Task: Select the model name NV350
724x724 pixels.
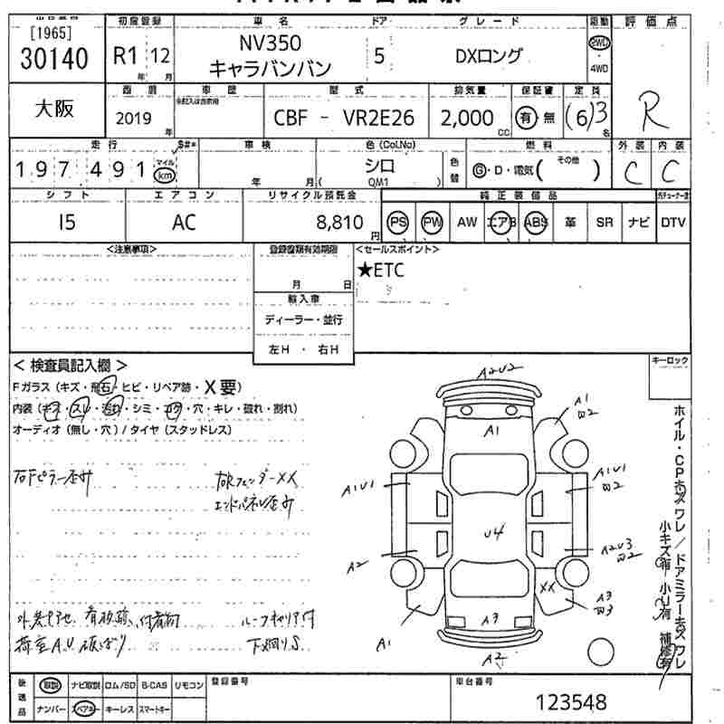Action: (x=270, y=43)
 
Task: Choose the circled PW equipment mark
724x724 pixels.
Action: (x=433, y=223)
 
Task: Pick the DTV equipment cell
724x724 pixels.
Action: (x=672, y=223)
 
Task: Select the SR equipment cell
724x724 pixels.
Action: (x=604, y=223)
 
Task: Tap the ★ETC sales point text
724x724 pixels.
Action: (x=381, y=269)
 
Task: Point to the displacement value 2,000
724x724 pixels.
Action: (x=467, y=118)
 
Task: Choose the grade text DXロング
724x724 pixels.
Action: (x=489, y=56)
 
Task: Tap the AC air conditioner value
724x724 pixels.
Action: (x=184, y=223)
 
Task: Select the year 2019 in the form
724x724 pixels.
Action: (x=136, y=118)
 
